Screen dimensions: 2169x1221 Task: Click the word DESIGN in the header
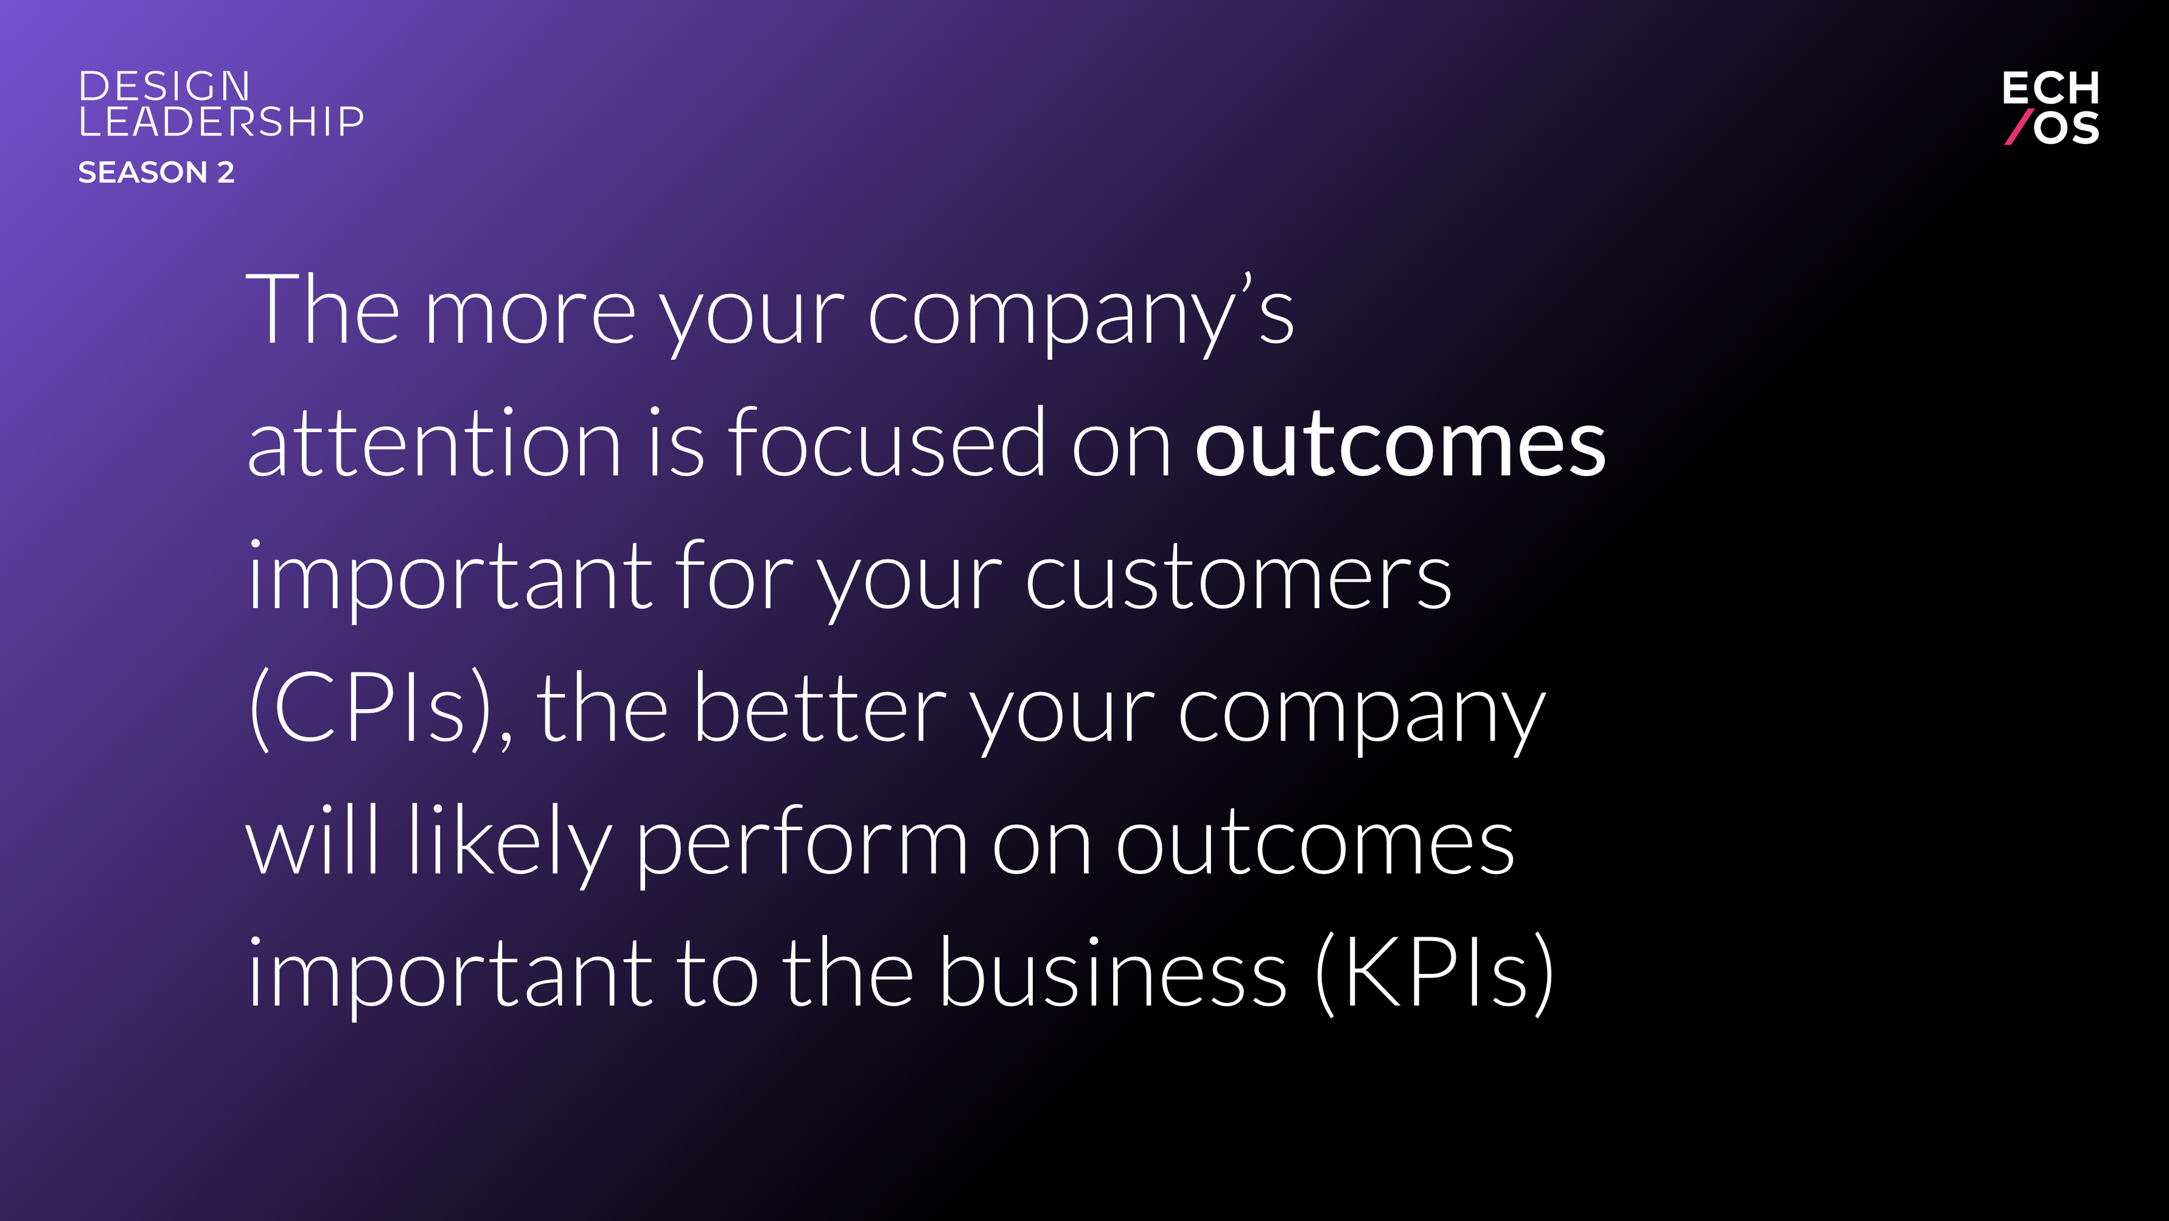click(164, 86)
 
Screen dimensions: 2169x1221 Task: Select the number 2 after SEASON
click(226, 173)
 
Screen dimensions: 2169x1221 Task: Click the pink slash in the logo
click(2019, 127)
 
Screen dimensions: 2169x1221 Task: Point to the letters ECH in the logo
click(2050, 88)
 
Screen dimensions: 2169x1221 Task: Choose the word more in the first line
click(531, 313)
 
